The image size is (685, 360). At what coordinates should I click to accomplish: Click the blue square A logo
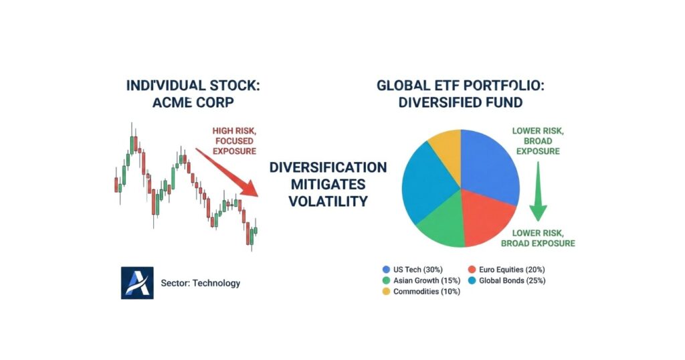coord(137,282)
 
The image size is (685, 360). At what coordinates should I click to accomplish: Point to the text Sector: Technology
coord(200,283)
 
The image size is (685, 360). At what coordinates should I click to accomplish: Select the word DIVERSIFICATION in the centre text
coord(328,167)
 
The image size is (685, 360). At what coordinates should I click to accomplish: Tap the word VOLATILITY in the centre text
coord(328,201)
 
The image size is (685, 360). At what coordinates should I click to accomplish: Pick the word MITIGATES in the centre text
coord(328,184)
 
